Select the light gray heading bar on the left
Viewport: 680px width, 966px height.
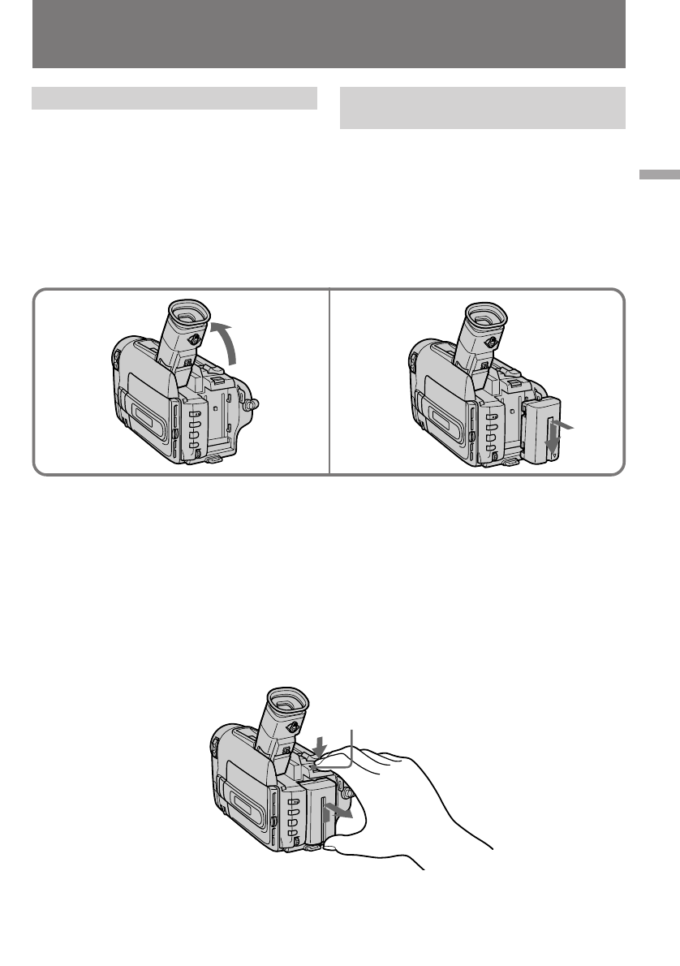tap(174, 98)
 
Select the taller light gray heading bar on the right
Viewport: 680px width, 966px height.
tap(482, 108)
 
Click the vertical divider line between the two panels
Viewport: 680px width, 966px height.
tap(329, 382)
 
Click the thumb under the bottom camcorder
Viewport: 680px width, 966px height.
tap(341, 849)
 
